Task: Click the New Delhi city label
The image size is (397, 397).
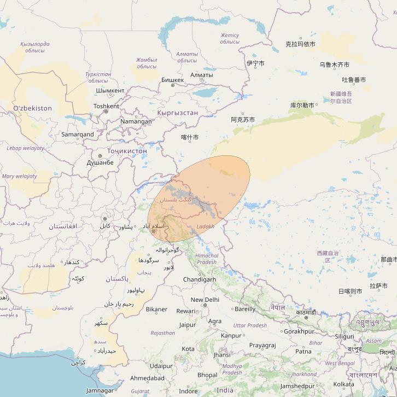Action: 205,300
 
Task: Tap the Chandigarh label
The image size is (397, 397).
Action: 199,279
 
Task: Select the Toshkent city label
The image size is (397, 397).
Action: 106,106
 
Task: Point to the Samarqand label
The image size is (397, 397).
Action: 77,135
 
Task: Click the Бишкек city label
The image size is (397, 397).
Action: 173,80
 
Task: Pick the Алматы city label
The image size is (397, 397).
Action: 202,75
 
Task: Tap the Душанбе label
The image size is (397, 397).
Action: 100,163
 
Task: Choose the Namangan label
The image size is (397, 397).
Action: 136,121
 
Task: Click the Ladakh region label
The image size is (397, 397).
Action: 205,226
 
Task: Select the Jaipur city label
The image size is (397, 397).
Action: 187,325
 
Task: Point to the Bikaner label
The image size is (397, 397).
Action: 156,310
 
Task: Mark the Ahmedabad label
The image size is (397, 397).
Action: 147,378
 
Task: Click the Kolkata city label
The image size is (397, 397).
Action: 343,384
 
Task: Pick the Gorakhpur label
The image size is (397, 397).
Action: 299,331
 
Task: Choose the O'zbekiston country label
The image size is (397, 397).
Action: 32,108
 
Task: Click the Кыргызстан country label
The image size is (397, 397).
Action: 177,113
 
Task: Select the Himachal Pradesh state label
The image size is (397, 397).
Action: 206,259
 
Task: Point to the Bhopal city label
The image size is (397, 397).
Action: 207,375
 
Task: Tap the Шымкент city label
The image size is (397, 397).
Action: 110,91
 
